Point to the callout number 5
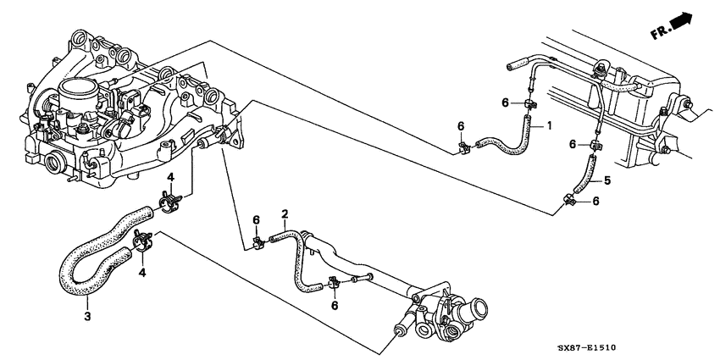tap(606, 180)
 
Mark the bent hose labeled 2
tap(297, 254)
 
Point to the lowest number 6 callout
tap(335, 305)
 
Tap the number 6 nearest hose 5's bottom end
tap(595, 201)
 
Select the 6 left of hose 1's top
tap(505, 102)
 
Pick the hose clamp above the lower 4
tap(143, 244)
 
